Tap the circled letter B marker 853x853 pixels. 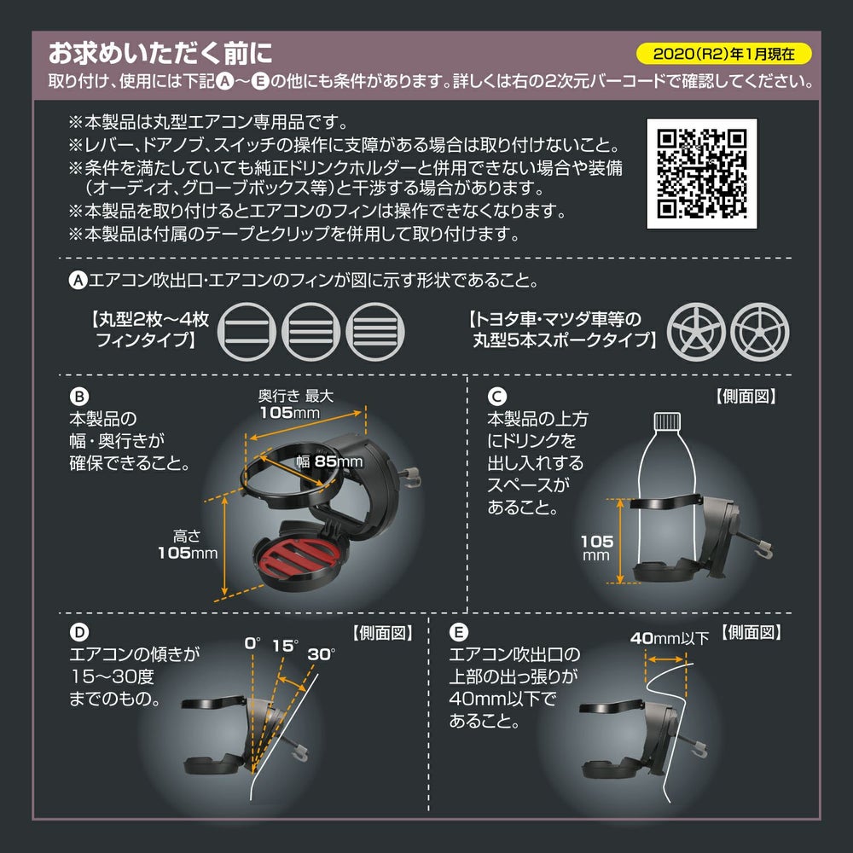(x=78, y=396)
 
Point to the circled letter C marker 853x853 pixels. (x=496, y=396)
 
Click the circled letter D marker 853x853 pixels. (x=78, y=632)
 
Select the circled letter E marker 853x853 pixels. (x=459, y=632)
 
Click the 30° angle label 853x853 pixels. (x=322, y=653)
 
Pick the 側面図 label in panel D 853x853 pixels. (x=382, y=633)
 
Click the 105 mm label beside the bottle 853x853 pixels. (x=597, y=548)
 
